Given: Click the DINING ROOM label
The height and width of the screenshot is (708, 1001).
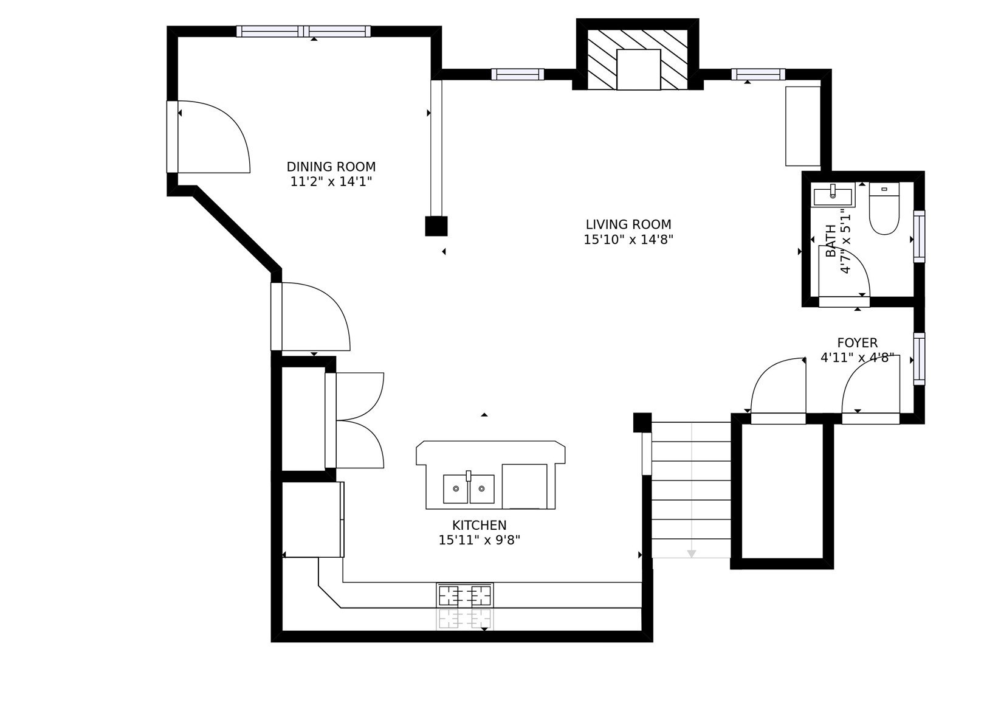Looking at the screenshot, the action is click(331, 167).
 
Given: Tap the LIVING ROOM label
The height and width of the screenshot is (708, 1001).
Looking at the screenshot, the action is click(628, 224).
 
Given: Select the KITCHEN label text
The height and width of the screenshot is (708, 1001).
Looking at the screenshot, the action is click(479, 525).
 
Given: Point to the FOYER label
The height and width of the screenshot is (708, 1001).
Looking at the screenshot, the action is click(857, 342).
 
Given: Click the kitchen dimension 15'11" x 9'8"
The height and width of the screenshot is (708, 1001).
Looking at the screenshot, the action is click(479, 540).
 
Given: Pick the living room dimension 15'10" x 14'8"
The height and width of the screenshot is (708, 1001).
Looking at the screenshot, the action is click(628, 240).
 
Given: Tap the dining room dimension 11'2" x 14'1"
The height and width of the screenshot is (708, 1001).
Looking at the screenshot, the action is click(331, 182).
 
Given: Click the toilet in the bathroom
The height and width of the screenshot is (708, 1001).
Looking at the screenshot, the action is click(884, 209).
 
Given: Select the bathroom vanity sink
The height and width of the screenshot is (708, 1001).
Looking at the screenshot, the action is click(833, 195).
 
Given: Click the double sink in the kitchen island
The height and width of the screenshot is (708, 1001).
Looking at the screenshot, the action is click(469, 488).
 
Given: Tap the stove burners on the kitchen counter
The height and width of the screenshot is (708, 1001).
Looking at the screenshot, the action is click(465, 595).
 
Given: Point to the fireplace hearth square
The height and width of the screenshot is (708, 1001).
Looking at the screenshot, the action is click(638, 69).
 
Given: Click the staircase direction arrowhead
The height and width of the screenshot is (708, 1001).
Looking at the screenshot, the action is click(691, 554).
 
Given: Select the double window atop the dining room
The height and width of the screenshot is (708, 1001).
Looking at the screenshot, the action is click(303, 31).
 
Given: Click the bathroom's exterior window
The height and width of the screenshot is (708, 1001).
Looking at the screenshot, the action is click(919, 236).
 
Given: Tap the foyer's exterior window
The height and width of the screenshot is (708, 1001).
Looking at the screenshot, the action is click(919, 359).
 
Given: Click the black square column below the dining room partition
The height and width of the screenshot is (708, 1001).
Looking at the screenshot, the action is click(436, 226).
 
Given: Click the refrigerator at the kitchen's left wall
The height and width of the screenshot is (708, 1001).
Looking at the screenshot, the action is click(313, 519).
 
